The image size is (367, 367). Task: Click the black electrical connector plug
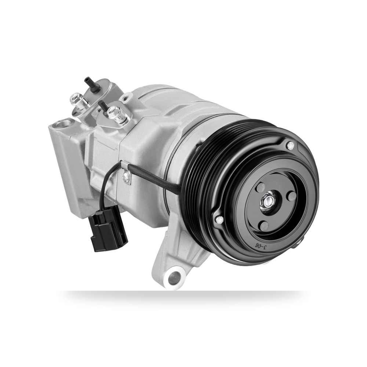[109, 230]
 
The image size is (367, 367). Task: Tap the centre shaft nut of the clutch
[268, 201]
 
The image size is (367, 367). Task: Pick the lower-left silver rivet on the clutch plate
[220, 220]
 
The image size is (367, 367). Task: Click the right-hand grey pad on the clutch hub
[292, 196]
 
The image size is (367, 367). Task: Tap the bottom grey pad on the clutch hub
[265, 226]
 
